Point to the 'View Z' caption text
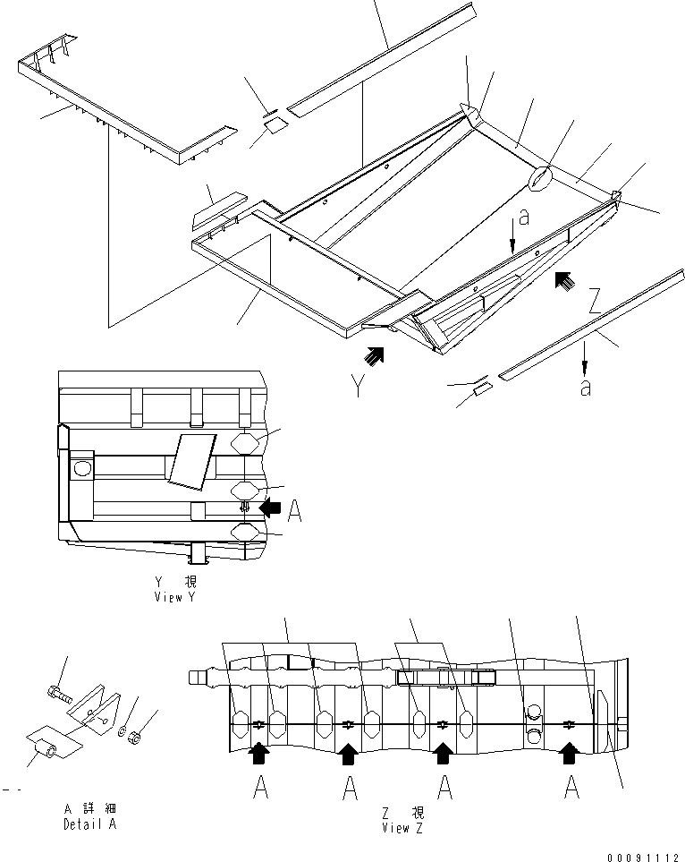pyautogui.click(x=403, y=828)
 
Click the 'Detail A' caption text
pyautogui.click(x=89, y=824)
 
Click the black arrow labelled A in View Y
pyautogui.click(x=270, y=508)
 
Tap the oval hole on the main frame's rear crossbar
pyautogui.click(x=539, y=179)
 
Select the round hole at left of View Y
pyautogui.click(x=81, y=467)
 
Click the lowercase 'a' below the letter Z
pyautogui.click(x=584, y=388)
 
